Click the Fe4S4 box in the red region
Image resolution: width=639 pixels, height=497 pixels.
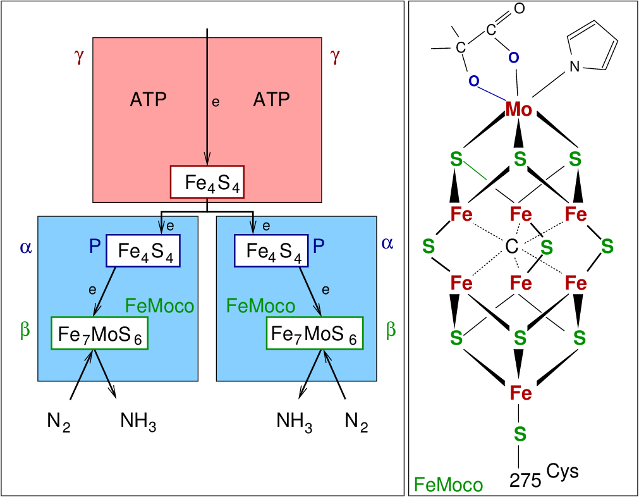207,183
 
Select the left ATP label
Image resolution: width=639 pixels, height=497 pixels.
149,99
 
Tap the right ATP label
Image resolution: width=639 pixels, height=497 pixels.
272,99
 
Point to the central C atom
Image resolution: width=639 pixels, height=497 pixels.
512,247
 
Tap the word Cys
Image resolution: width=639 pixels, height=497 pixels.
563,472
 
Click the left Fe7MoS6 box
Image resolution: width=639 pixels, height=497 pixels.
99,334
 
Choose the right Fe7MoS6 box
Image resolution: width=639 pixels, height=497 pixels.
314,334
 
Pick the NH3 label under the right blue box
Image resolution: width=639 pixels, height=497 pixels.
295,422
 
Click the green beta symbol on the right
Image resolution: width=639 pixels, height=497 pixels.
391,329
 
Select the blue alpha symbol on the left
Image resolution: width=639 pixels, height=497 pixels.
26,247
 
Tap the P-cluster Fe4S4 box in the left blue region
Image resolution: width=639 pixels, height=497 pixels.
143,251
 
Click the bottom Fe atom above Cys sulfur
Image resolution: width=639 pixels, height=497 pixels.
520,394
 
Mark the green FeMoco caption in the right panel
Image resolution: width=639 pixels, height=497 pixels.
448,485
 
